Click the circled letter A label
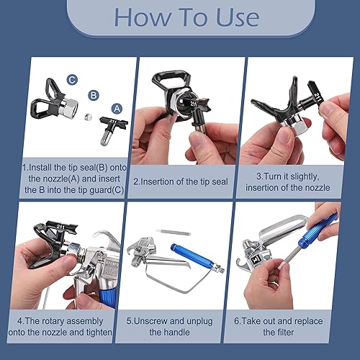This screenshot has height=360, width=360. click(x=117, y=109)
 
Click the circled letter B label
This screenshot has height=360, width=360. click(x=94, y=95)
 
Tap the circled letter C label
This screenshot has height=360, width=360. click(x=72, y=80)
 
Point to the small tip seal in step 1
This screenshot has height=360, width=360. click(x=89, y=117)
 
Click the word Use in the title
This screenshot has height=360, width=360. click(x=238, y=17)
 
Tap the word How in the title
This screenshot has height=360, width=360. click(x=143, y=17)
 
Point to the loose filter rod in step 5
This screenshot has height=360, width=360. click(x=173, y=232)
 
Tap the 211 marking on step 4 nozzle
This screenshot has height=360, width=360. click(x=60, y=227)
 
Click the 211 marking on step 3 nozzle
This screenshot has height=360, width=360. click(x=318, y=98)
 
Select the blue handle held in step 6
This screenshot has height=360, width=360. click(x=318, y=231)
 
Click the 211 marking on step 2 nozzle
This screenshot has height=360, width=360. click(x=194, y=104)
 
